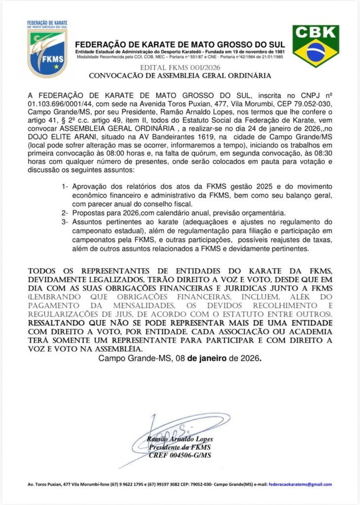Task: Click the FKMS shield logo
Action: click(47, 49)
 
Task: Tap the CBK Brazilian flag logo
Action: click(316, 46)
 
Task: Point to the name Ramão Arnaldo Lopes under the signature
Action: click(180, 440)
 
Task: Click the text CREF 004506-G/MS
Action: click(180, 455)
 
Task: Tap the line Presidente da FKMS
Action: click(180, 447)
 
